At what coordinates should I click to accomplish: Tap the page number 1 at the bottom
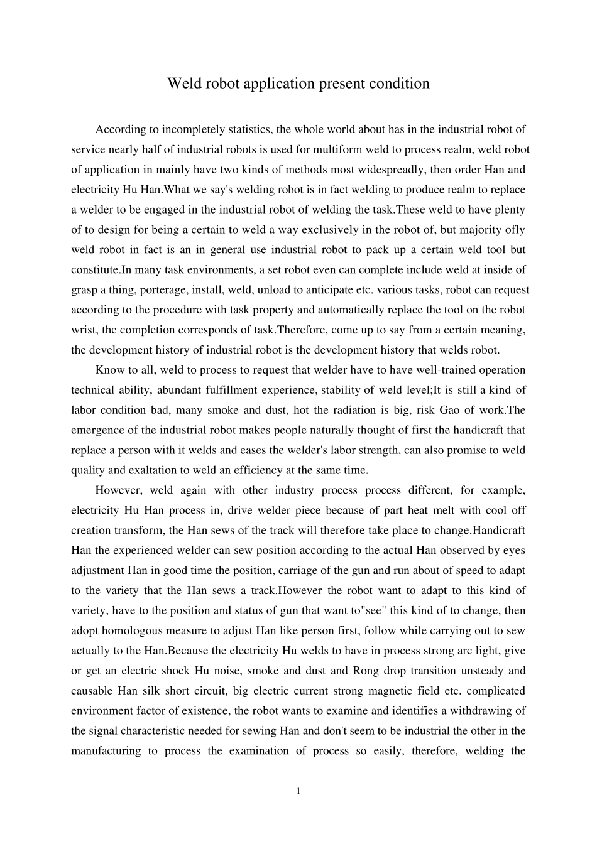[x=298, y=791]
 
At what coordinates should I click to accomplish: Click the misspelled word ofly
[x=515, y=230]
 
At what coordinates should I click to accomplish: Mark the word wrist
[x=83, y=330]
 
